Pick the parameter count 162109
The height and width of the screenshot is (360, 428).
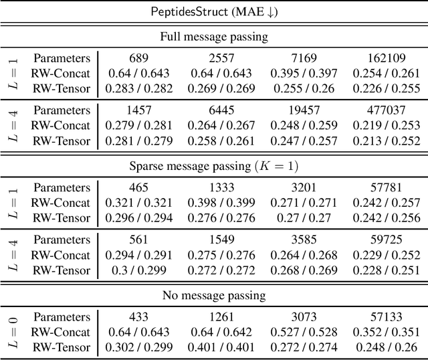coord(380,58)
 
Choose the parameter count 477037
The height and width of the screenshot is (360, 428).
coord(380,110)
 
